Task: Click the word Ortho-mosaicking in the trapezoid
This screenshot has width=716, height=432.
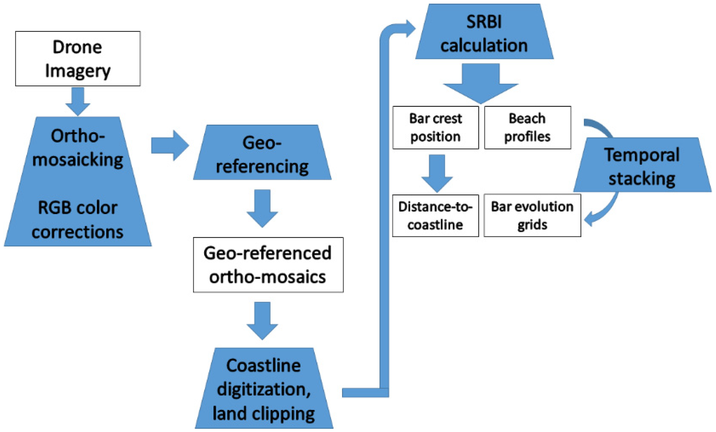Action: pos(77,148)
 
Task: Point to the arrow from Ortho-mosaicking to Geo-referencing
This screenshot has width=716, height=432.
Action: pos(170,145)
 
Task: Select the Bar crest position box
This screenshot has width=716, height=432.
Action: pos(435,128)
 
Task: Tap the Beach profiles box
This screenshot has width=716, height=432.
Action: pos(527,128)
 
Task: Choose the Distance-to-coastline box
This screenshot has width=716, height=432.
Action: pos(435,216)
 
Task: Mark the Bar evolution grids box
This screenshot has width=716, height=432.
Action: pos(532,216)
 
